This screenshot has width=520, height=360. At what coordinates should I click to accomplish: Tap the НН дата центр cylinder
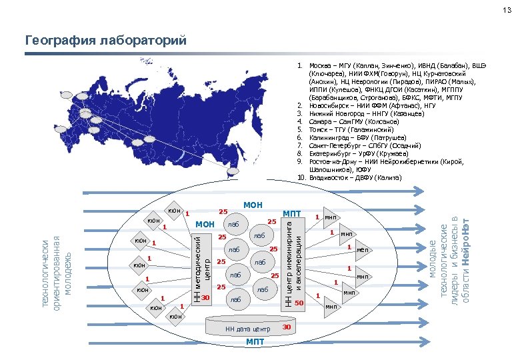[x=247, y=329]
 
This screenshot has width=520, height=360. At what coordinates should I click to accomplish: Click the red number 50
[x=299, y=303]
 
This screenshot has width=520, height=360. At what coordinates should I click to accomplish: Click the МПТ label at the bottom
[x=255, y=343]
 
